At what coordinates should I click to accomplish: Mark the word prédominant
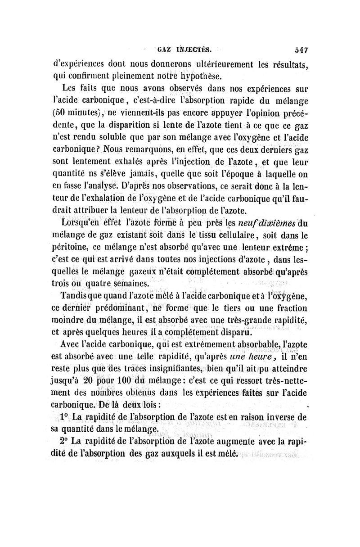point(108,308)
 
